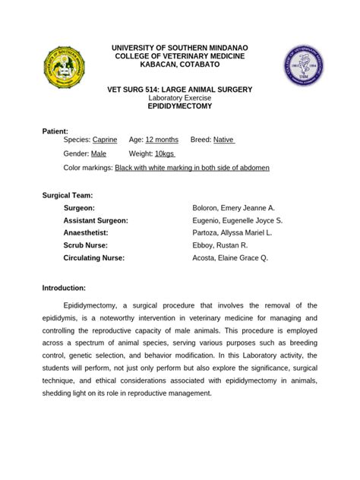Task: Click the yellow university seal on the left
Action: point(65,66)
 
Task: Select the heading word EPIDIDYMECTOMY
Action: point(180,107)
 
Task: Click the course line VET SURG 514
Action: point(180,90)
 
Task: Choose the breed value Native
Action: point(224,140)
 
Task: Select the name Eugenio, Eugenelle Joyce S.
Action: point(238,220)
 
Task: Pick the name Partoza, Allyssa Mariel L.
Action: point(232,233)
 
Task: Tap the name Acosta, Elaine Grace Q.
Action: point(231,258)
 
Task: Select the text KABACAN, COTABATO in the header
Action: point(180,65)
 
